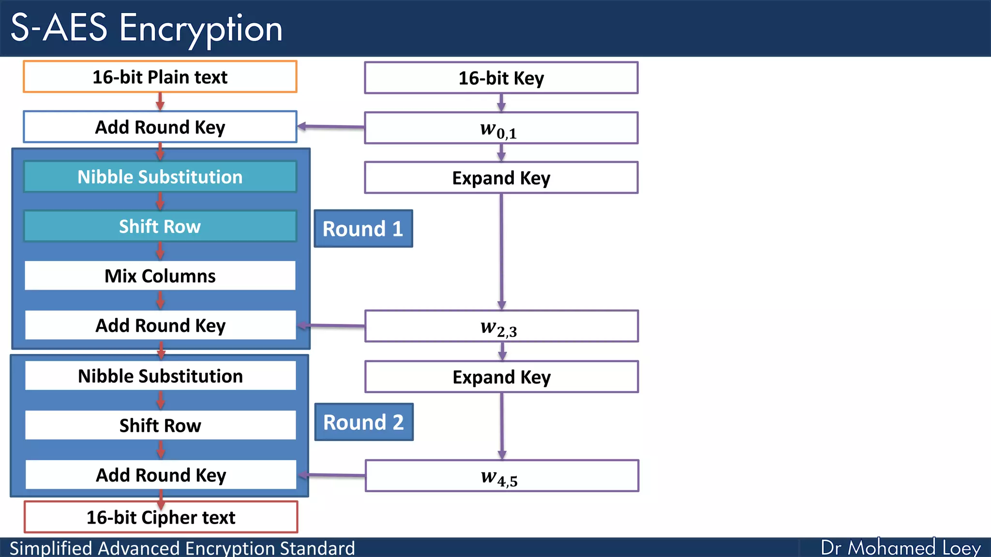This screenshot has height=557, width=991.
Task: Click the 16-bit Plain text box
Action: pyautogui.click(x=160, y=77)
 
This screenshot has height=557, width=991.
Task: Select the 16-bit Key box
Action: pyautogui.click(x=501, y=78)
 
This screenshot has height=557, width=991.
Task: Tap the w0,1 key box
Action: pyautogui.click(x=501, y=128)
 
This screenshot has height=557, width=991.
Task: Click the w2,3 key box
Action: pyautogui.click(x=501, y=326)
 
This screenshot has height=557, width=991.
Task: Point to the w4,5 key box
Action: pyautogui.click(x=501, y=476)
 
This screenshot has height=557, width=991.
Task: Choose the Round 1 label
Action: pyautogui.click(x=363, y=229)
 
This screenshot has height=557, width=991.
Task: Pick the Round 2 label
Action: pyautogui.click(x=363, y=422)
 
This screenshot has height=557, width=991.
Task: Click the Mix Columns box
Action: pyautogui.click(x=160, y=276)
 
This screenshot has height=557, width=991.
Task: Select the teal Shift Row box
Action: pyautogui.click(x=160, y=226)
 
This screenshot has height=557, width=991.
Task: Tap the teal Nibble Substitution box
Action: pyautogui.click(x=160, y=177)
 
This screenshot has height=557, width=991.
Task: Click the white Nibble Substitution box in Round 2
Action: pyautogui.click(x=160, y=376)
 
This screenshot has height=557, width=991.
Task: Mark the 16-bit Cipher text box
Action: pyautogui.click(x=161, y=517)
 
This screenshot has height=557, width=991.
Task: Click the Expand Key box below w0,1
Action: pyautogui.click(x=501, y=178)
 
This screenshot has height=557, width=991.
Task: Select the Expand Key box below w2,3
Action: pyautogui.click(x=501, y=377)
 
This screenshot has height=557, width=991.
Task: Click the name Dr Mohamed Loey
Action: pyautogui.click(x=901, y=548)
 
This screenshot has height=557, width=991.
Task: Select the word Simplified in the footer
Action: pyautogui.click(x=51, y=548)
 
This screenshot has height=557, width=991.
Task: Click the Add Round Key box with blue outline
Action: pyautogui.click(x=160, y=127)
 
